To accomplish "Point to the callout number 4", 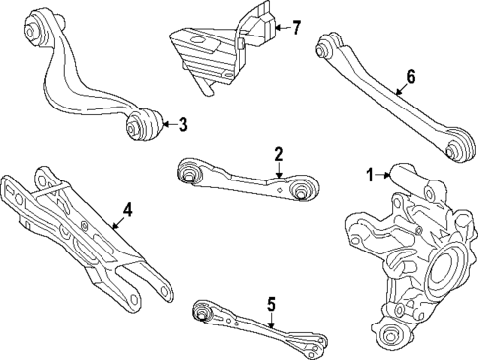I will [x=126, y=209].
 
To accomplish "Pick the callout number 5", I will [x=272, y=304].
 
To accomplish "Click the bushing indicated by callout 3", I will [x=142, y=125].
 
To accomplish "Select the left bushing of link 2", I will [x=188, y=175].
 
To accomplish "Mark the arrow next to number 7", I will [x=280, y=27].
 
